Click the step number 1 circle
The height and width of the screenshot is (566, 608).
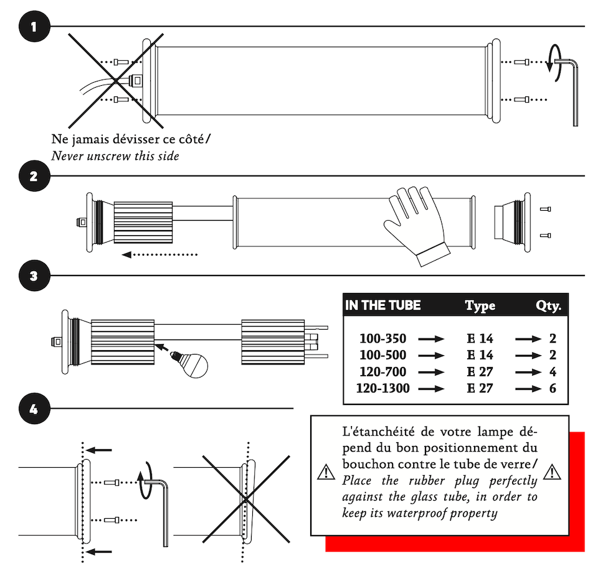34,27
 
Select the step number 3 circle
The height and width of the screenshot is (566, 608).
34,276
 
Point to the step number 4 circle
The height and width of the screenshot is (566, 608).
34,409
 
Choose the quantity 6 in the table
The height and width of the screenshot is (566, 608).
553,389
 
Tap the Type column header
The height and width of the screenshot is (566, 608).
480,305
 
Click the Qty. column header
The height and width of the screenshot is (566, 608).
548,305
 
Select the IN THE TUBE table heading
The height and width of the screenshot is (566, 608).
382,305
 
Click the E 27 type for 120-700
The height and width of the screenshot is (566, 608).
480,372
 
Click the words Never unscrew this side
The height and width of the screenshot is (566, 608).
115,156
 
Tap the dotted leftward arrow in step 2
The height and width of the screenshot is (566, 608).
159,254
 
